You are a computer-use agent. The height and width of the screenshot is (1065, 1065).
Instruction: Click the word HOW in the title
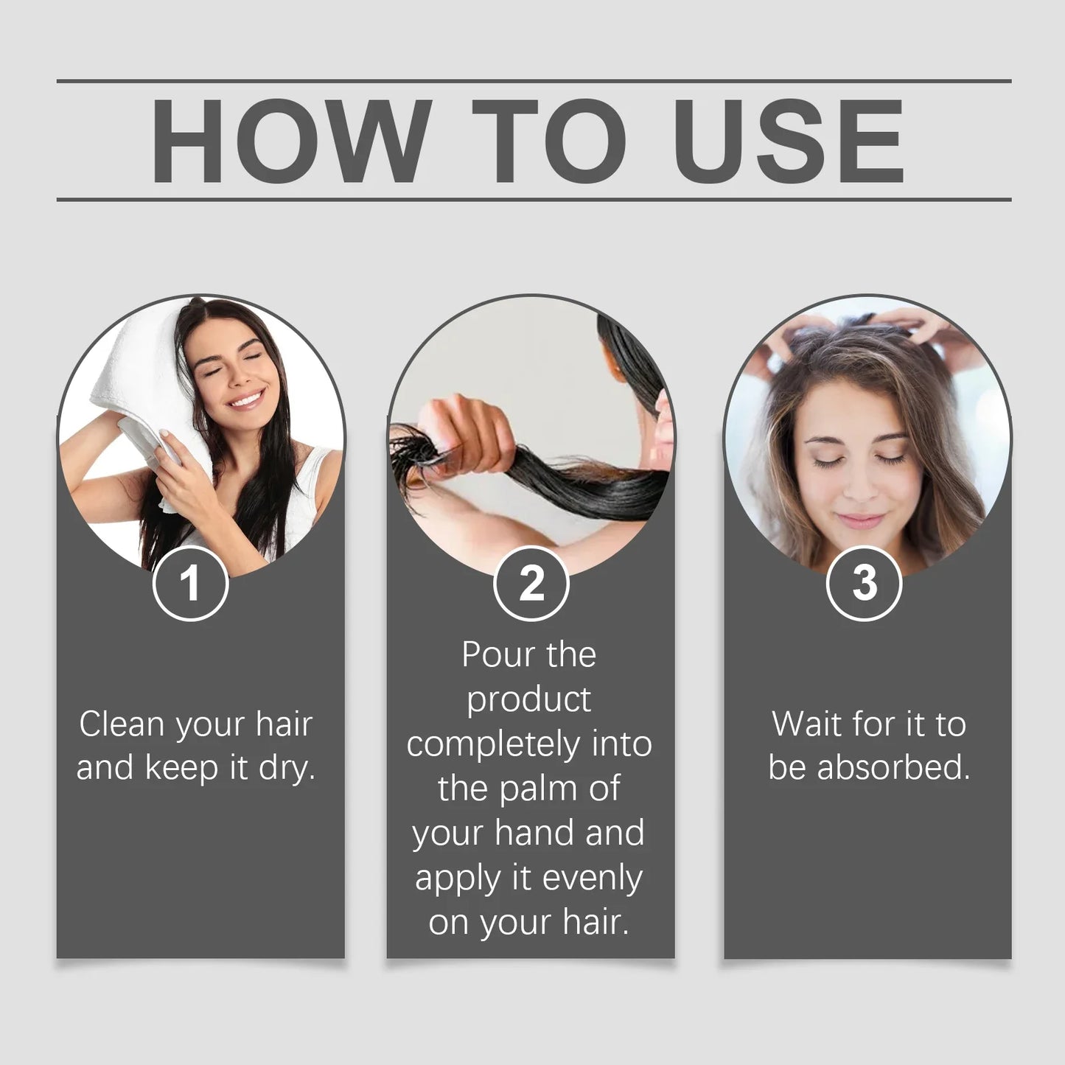click(x=290, y=142)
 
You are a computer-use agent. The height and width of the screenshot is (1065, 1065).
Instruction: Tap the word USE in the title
click(x=788, y=142)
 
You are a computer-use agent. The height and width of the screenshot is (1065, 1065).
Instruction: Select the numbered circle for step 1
click(x=191, y=583)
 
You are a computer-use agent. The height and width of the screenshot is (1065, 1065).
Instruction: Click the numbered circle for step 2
click(x=531, y=583)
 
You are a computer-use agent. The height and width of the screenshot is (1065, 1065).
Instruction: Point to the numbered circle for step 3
click(x=865, y=583)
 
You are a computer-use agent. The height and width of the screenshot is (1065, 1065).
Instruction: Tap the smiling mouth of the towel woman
click(x=247, y=399)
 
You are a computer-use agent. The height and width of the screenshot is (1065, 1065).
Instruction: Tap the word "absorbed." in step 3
click(x=894, y=768)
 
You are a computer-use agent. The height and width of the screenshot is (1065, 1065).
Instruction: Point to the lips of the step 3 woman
click(x=860, y=521)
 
